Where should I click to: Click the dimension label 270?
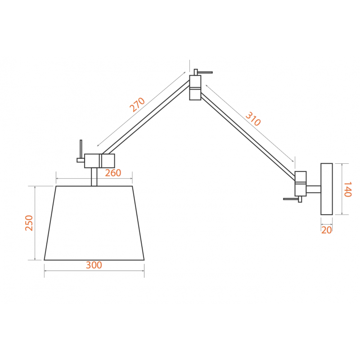137,105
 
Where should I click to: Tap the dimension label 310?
253,119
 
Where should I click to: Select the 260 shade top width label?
113,173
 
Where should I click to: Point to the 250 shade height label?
29,223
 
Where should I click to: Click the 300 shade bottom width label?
94,265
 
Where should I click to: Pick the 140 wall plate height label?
347,189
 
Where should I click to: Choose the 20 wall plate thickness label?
327,230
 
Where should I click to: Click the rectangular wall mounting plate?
327,189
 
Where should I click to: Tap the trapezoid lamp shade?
94,223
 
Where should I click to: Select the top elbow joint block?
195,88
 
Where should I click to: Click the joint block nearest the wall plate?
301,184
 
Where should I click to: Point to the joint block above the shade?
99,161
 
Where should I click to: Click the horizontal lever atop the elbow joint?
205,72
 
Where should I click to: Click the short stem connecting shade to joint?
94,177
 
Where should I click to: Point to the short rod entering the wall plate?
314,189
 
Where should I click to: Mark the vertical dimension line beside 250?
35,223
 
